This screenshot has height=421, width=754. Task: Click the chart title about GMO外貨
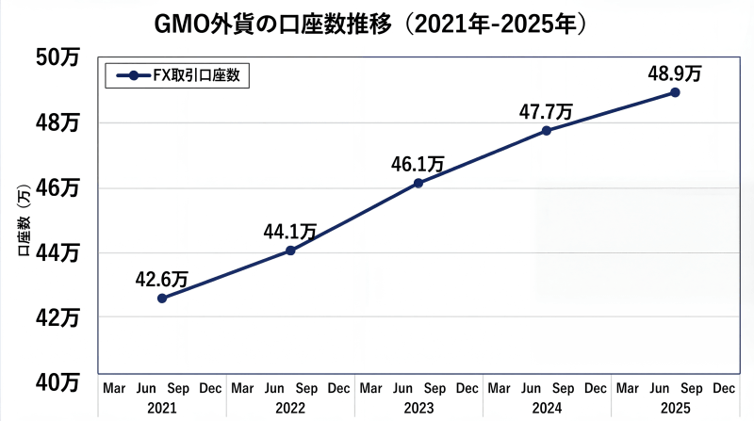[377, 23]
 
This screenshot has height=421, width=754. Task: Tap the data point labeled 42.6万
[162, 298]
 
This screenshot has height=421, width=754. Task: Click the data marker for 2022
[290, 251]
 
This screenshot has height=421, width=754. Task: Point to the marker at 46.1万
[418, 183]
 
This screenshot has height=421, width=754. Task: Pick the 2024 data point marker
[547, 130]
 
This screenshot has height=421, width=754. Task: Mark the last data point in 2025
[675, 92]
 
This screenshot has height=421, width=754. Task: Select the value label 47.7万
[546, 110]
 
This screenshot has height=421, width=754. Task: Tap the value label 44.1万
[289, 231]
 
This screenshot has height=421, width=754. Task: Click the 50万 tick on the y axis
[59, 58]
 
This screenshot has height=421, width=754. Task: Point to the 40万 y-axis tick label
[59, 381]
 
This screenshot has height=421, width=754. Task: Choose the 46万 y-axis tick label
[59, 187]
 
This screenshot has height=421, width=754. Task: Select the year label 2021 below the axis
[162, 407]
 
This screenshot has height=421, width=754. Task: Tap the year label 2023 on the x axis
[418, 407]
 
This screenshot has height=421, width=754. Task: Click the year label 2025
[675, 407]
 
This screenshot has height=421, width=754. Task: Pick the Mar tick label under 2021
[114, 388]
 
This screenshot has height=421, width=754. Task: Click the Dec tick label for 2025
[723, 388]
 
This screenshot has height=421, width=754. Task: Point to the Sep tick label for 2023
[434, 388]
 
